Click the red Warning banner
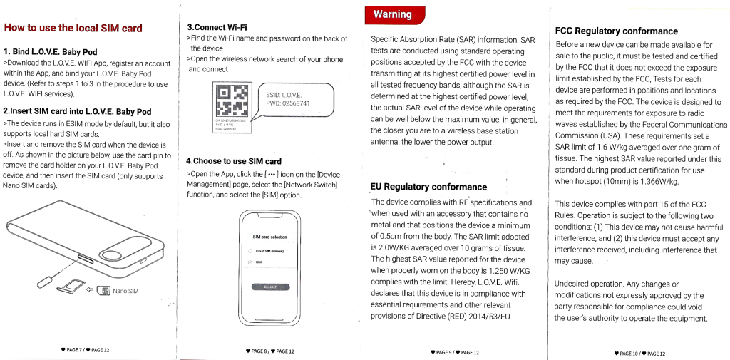click(394, 14)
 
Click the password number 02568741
click(295, 104)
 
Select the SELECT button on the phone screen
click(269, 287)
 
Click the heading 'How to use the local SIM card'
click(73, 29)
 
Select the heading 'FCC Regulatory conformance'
click(616, 31)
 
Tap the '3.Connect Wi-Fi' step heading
click(217, 26)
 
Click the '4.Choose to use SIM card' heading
click(233, 161)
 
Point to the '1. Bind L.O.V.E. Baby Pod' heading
click(51, 52)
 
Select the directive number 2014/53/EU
click(490, 317)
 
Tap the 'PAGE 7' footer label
click(73, 350)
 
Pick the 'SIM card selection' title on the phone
click(269, 237)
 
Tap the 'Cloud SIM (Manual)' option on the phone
click(270, 251)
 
